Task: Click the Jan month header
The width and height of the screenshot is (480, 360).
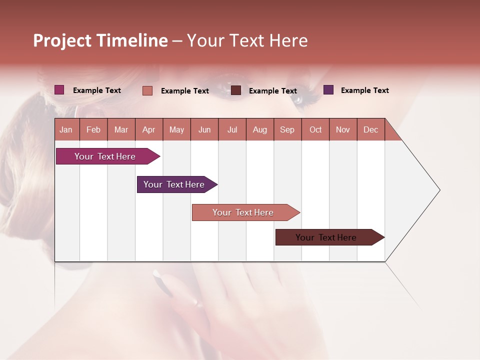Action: click(x=66, y=129)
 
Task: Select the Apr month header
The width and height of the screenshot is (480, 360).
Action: click(x=149, y=129)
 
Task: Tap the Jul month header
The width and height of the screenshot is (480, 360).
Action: click(x=232, y=129)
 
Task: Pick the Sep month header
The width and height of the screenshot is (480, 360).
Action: click(x=287, y=129)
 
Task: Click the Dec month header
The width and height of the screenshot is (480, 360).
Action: click(x=370, y=129)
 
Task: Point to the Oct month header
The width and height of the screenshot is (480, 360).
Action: click(x=315, y=129)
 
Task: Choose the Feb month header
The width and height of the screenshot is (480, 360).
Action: click(x=93, y=129)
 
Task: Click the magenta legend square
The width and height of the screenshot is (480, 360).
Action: click(x=59, y=90)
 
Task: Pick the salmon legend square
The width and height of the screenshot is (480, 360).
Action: click(x=147, y=90)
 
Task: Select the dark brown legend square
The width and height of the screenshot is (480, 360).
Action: click(x=236, y=90)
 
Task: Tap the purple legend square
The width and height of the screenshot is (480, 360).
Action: click(x=328, y=90)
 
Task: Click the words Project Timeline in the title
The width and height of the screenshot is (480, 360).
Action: click(x=100, y=40)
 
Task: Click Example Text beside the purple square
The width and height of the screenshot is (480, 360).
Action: click(x=364, y=90)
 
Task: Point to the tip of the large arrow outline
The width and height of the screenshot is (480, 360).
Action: click(x=439, y=190)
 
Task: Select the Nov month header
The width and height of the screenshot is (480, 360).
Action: click(x=343, y=129)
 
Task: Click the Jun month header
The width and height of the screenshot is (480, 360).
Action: click(x=204, y=129)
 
